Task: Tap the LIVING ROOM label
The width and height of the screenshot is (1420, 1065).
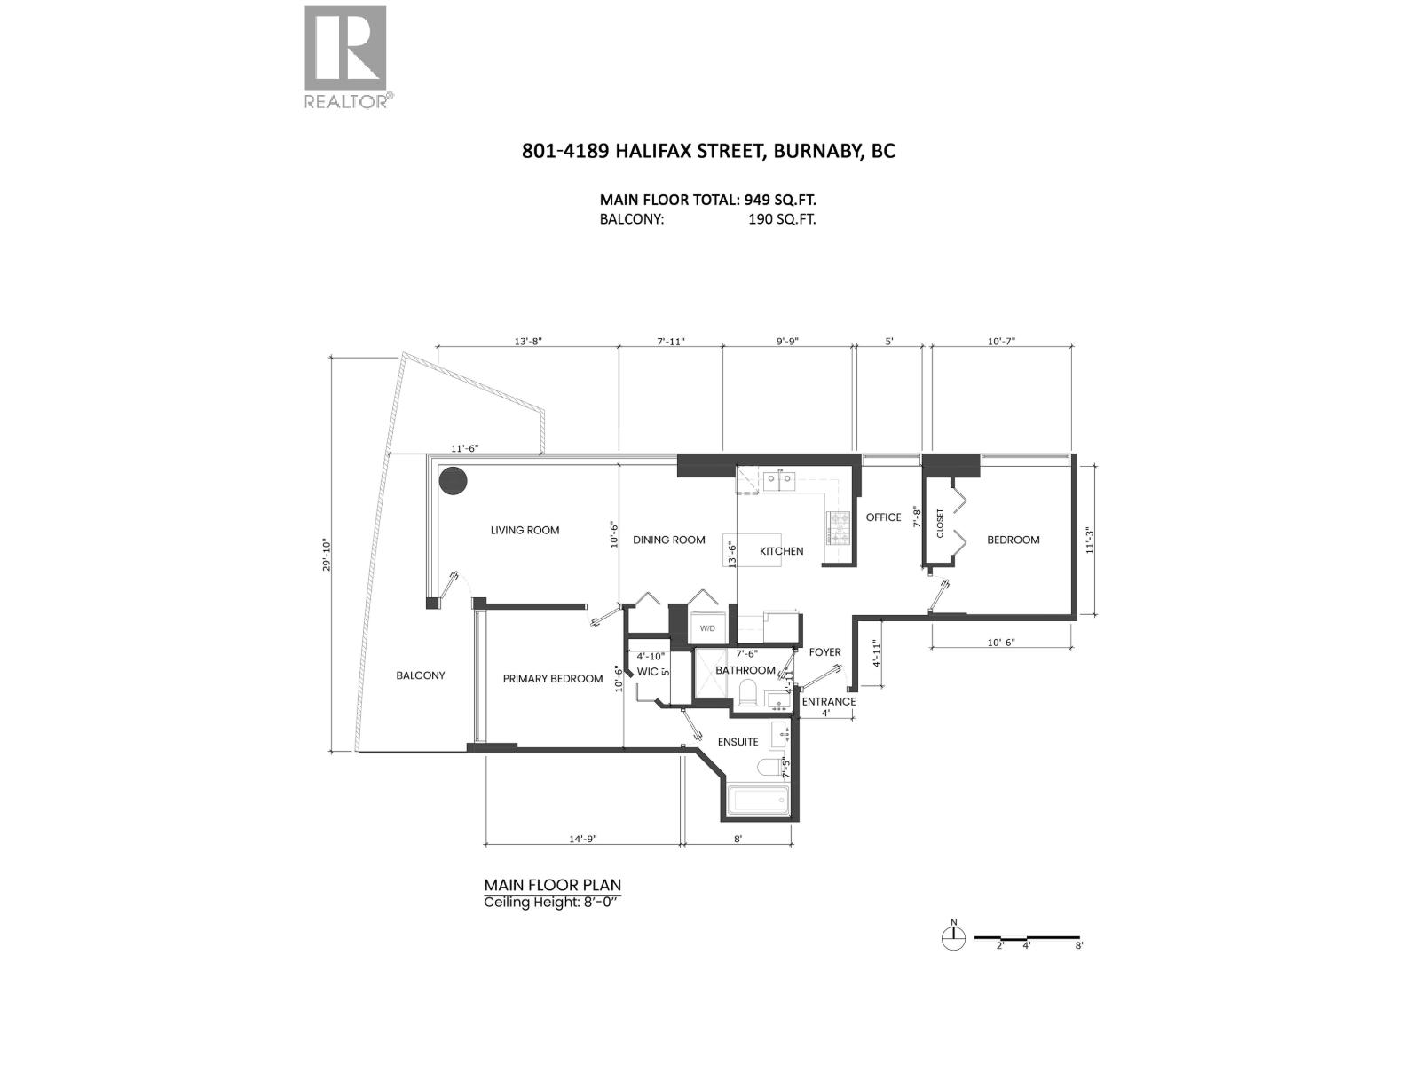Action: (525, 530)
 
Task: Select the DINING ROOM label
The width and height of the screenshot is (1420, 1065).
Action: (669, 540)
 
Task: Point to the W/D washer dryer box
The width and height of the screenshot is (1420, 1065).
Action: (707, 627)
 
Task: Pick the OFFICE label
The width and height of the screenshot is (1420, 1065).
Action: (884, 517)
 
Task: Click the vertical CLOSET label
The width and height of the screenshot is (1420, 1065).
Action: (940, 523)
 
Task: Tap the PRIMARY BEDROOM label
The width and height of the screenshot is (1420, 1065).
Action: (553, 678)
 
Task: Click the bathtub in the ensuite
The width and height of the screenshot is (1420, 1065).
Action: (758, 801)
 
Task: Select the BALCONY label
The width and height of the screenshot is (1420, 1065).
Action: (421, 675)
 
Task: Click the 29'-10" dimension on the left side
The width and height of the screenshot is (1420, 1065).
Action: (327, 556)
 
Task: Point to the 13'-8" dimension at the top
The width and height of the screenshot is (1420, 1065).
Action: (528, 342)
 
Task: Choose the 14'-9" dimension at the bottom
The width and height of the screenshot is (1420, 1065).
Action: (583, 840)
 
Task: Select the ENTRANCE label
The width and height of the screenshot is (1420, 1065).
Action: (829, 702)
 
